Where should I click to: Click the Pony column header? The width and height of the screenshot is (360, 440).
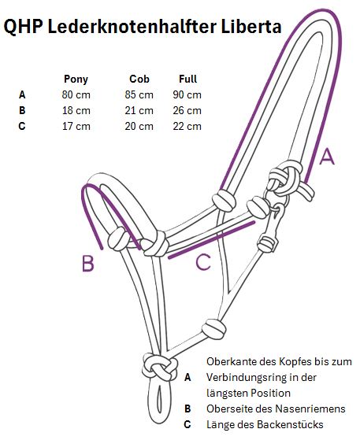click(x=76, y=79)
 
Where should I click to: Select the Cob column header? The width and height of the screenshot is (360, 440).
click(x=139, y=79)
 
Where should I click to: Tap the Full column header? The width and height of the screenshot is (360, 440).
click(x=187, y=79)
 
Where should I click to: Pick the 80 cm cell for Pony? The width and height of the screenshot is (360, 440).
click(x=76, y=94)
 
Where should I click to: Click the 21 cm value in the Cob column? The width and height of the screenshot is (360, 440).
click(x=139, y=110)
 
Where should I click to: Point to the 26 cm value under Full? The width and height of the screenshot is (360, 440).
click(x=187, y=110)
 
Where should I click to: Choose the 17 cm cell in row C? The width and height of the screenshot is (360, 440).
click(x=76, y=126)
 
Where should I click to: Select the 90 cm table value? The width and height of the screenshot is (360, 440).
click(x=187, y=94)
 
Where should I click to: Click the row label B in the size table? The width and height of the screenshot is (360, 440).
click(x=22, y=110)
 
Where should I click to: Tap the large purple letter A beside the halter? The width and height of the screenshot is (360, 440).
click(x=327, y=157)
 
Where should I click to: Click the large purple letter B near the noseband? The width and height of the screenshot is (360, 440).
click(x=88, y=264)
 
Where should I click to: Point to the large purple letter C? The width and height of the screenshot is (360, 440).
click(x=203, y=262)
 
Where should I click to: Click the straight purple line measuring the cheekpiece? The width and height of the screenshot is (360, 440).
click(x=212, y=239)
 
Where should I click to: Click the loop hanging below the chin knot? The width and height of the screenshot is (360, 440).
click(x=160, y=401)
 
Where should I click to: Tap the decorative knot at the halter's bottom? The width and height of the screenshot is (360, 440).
click(x=160, y=368)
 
